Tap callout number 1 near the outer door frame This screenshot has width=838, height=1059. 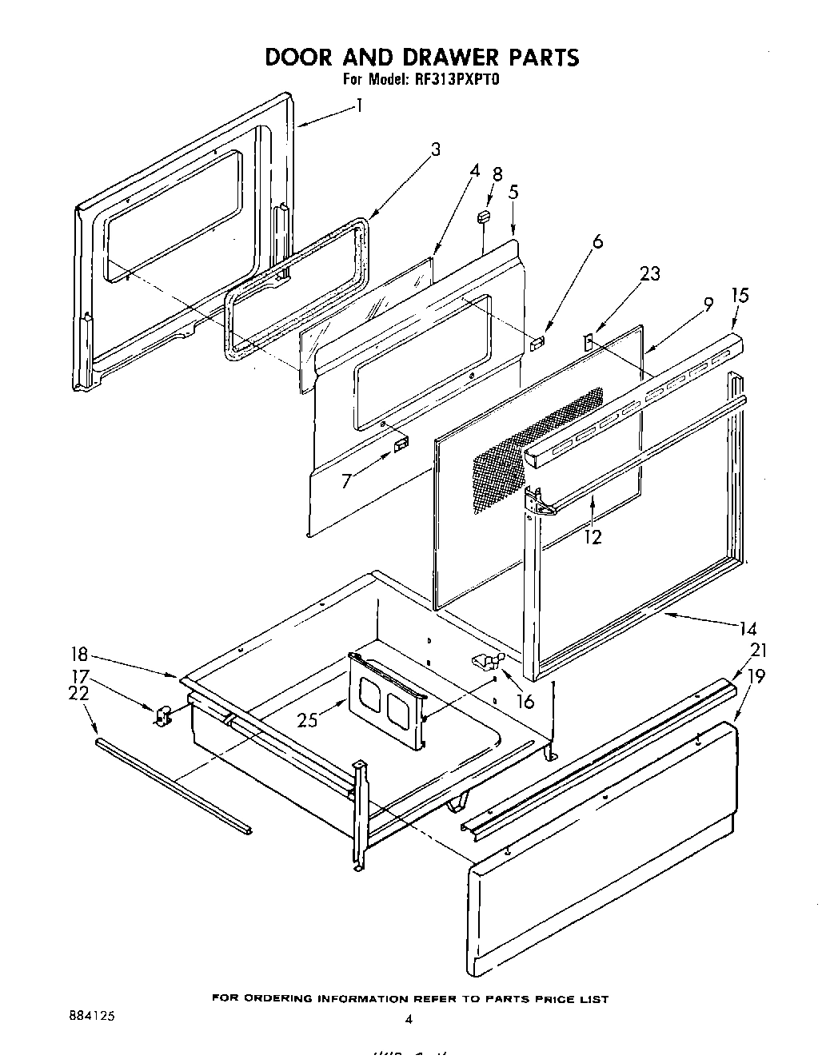359,106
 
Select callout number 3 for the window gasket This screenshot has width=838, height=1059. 435,149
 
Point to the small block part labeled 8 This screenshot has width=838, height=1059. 483,217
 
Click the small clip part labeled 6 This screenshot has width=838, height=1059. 537,341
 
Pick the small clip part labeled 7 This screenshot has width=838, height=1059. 400,442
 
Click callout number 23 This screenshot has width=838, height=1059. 650,274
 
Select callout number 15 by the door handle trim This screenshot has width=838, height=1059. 740,296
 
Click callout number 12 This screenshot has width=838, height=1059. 592,537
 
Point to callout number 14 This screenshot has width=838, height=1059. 748,629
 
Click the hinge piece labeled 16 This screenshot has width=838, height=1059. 486,659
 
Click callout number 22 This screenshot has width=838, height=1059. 78,694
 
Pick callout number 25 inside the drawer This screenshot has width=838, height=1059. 307,719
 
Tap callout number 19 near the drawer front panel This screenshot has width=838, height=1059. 756,676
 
